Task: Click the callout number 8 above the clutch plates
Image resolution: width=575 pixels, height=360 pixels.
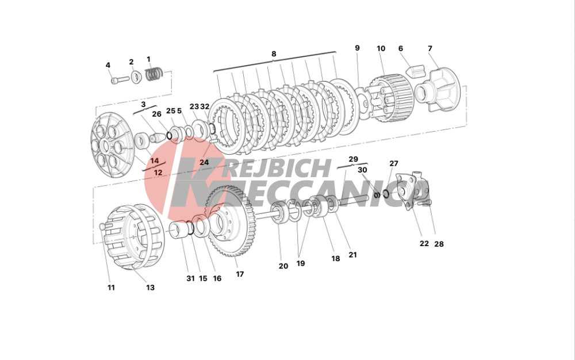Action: tap(274, 54)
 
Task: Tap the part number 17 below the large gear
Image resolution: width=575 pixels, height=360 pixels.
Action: tap(240, 274)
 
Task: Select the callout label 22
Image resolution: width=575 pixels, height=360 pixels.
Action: tap(424, 243)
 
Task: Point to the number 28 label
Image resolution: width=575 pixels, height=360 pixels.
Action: tap(439, 244)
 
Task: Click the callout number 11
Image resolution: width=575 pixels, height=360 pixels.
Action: tap(111, 288)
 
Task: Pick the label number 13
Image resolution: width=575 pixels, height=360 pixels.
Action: tap(150, 288)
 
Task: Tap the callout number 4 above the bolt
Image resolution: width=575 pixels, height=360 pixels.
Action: tap(108, 65)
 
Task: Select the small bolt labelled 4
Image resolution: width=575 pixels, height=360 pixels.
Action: tap(120, 79)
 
